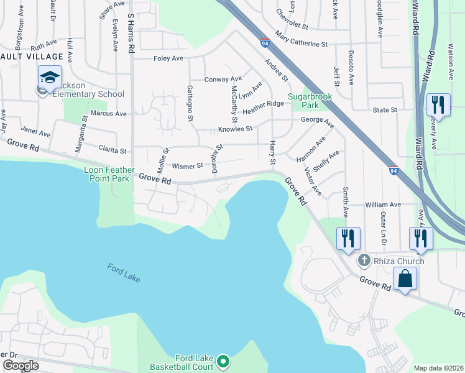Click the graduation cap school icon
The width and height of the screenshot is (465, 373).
tap(50, 78)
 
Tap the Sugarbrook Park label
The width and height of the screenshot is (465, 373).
tap(310, 101)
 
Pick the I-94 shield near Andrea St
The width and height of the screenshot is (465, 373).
tap(265, 44)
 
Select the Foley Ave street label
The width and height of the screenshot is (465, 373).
tap(168, 58)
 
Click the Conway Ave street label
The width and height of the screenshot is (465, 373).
tap(223, 79)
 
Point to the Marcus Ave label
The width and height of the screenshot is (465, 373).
tap(108, 114)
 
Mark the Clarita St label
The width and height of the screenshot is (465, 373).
tap(113, 150)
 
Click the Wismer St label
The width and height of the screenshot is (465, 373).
tap(187, 166)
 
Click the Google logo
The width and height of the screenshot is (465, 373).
tap(21, 366)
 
